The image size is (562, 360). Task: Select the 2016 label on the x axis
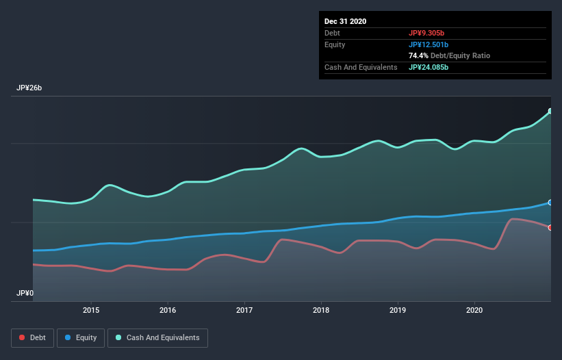[x=167, y=310]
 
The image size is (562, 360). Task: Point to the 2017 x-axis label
[x=244, y=310]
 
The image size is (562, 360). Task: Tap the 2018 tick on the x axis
[x=320, y=310]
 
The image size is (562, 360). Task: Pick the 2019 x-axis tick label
[x=398, y=310]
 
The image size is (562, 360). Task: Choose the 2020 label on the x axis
[x=474, y=310]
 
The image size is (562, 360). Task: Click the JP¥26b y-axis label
[x=30, y=88]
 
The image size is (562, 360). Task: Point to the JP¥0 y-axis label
[x=25, y=293]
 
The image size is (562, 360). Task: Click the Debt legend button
[x=32, y=337]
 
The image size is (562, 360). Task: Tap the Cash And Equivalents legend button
[x=157, y=337]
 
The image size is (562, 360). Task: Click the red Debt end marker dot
[x=550, y=227]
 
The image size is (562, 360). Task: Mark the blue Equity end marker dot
[x=550, y=203]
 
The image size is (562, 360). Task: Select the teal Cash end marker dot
[x=550, y=111]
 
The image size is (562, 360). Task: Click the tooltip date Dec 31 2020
[x=346, y=21]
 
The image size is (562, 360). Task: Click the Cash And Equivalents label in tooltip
[x=361, y=67]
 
